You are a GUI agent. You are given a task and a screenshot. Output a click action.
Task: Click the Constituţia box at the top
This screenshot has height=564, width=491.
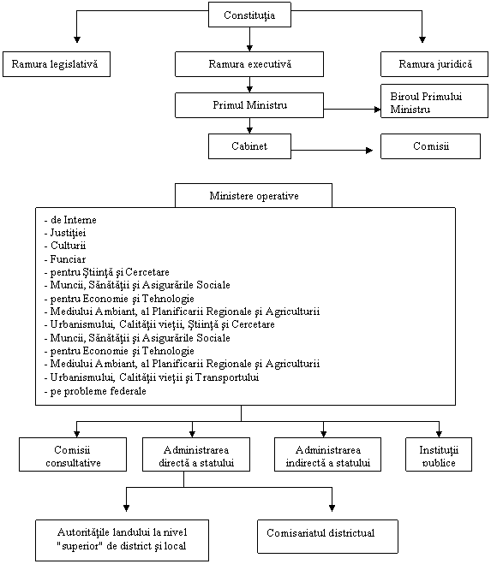point(249,15)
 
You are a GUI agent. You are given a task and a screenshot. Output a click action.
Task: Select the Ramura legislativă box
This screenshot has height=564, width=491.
point(57,64)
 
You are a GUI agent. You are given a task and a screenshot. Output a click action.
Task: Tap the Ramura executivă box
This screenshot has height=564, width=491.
point(249,64)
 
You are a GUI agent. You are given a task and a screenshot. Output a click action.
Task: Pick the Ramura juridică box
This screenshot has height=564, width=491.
point(434,64)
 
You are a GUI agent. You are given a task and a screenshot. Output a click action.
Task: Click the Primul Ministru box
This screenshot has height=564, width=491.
point(249,105)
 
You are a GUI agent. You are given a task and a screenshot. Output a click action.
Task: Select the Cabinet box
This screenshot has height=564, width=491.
point(249,146)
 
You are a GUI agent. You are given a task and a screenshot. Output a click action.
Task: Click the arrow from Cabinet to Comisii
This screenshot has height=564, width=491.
point(332,150)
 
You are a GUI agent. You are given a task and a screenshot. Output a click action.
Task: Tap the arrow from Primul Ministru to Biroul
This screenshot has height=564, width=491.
point(352,109)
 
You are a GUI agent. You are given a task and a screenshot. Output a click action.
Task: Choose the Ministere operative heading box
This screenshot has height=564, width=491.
point(254,196)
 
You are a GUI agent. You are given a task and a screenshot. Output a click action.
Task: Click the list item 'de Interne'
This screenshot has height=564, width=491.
point(70,220)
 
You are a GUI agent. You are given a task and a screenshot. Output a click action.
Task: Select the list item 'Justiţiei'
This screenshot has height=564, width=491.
point(65,233)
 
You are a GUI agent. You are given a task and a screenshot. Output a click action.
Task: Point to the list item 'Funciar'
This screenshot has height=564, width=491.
point(65,259)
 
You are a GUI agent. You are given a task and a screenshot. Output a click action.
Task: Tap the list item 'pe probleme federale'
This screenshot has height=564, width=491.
point(95,391)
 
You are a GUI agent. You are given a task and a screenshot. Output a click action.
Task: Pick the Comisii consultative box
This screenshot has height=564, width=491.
point(73,454)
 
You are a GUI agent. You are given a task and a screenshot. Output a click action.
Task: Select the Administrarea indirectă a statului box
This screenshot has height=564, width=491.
point(328,454)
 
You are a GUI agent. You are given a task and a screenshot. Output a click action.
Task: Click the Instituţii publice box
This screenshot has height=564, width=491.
point(439,454)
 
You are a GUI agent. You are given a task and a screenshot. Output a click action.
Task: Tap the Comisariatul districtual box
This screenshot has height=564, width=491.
point(328,537)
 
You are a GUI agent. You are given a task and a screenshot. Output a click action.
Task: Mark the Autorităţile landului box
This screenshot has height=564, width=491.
point(123,540)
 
